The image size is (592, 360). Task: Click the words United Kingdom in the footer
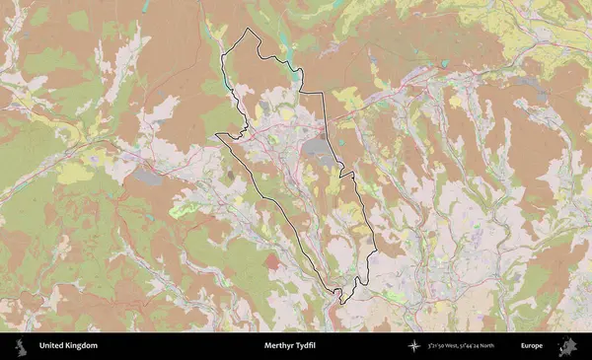68,346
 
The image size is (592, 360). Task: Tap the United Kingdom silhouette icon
19,346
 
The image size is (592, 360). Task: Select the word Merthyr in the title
281,346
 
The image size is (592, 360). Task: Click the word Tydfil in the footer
315,346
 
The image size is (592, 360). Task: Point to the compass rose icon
413,346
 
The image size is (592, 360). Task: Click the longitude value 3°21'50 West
450,346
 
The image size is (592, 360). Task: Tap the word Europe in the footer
532,346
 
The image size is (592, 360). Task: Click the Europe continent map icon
568,346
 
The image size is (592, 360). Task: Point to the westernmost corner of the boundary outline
216,135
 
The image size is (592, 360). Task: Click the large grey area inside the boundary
318,147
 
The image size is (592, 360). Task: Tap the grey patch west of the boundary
148,177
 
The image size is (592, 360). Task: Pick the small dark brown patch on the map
232,176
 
